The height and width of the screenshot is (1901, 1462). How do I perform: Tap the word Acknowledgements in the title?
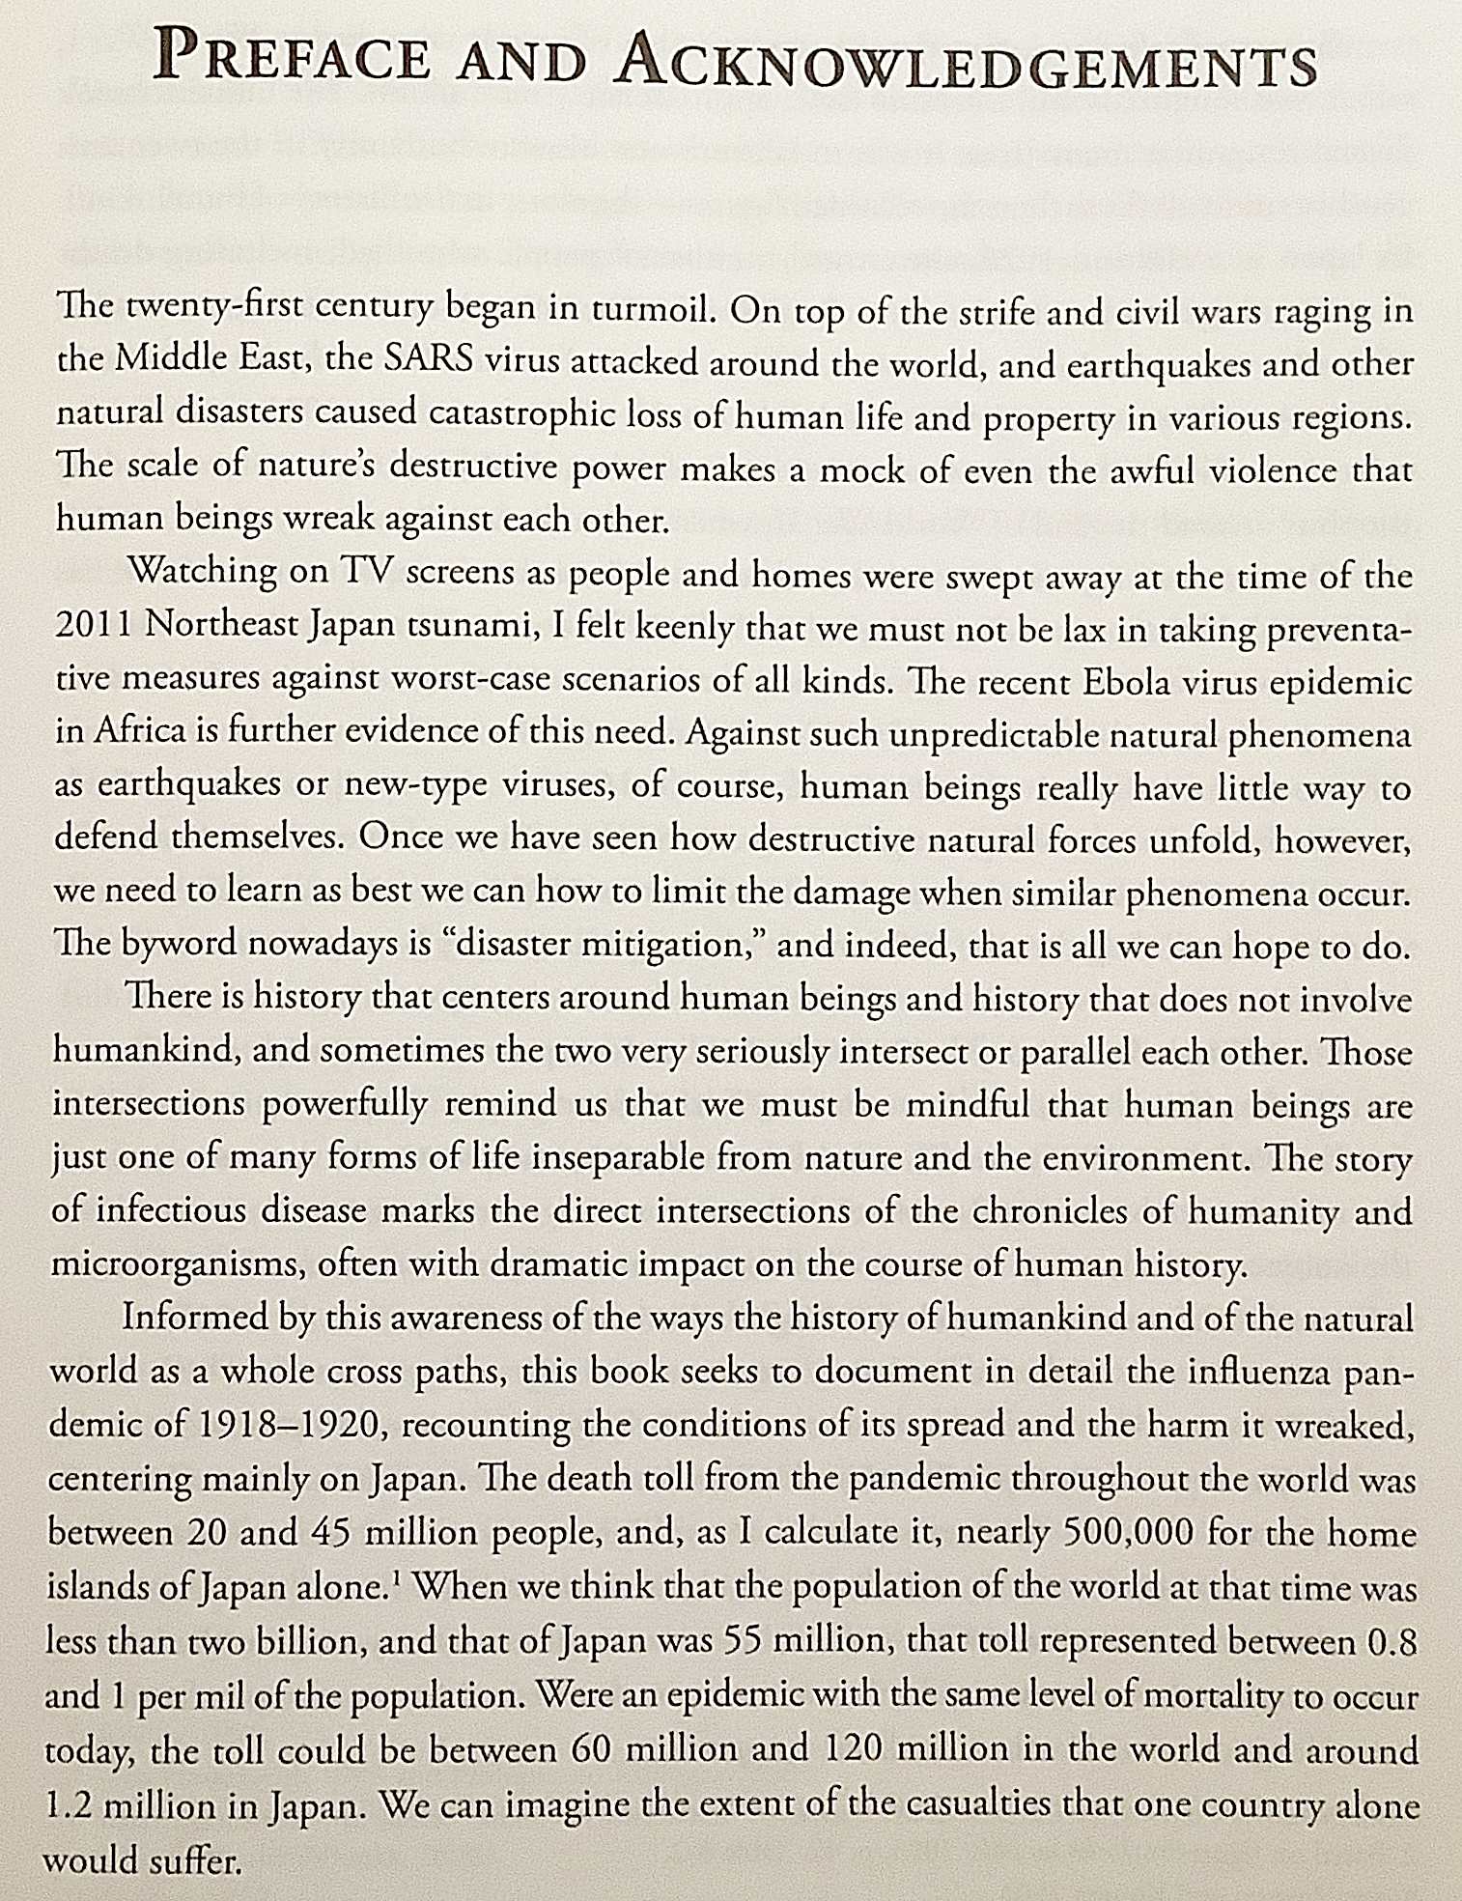[x=966, y=63]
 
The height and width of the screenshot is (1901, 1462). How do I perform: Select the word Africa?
[x=141, y=731]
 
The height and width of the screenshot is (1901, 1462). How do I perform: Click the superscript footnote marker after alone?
[x=397, y=1578]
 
